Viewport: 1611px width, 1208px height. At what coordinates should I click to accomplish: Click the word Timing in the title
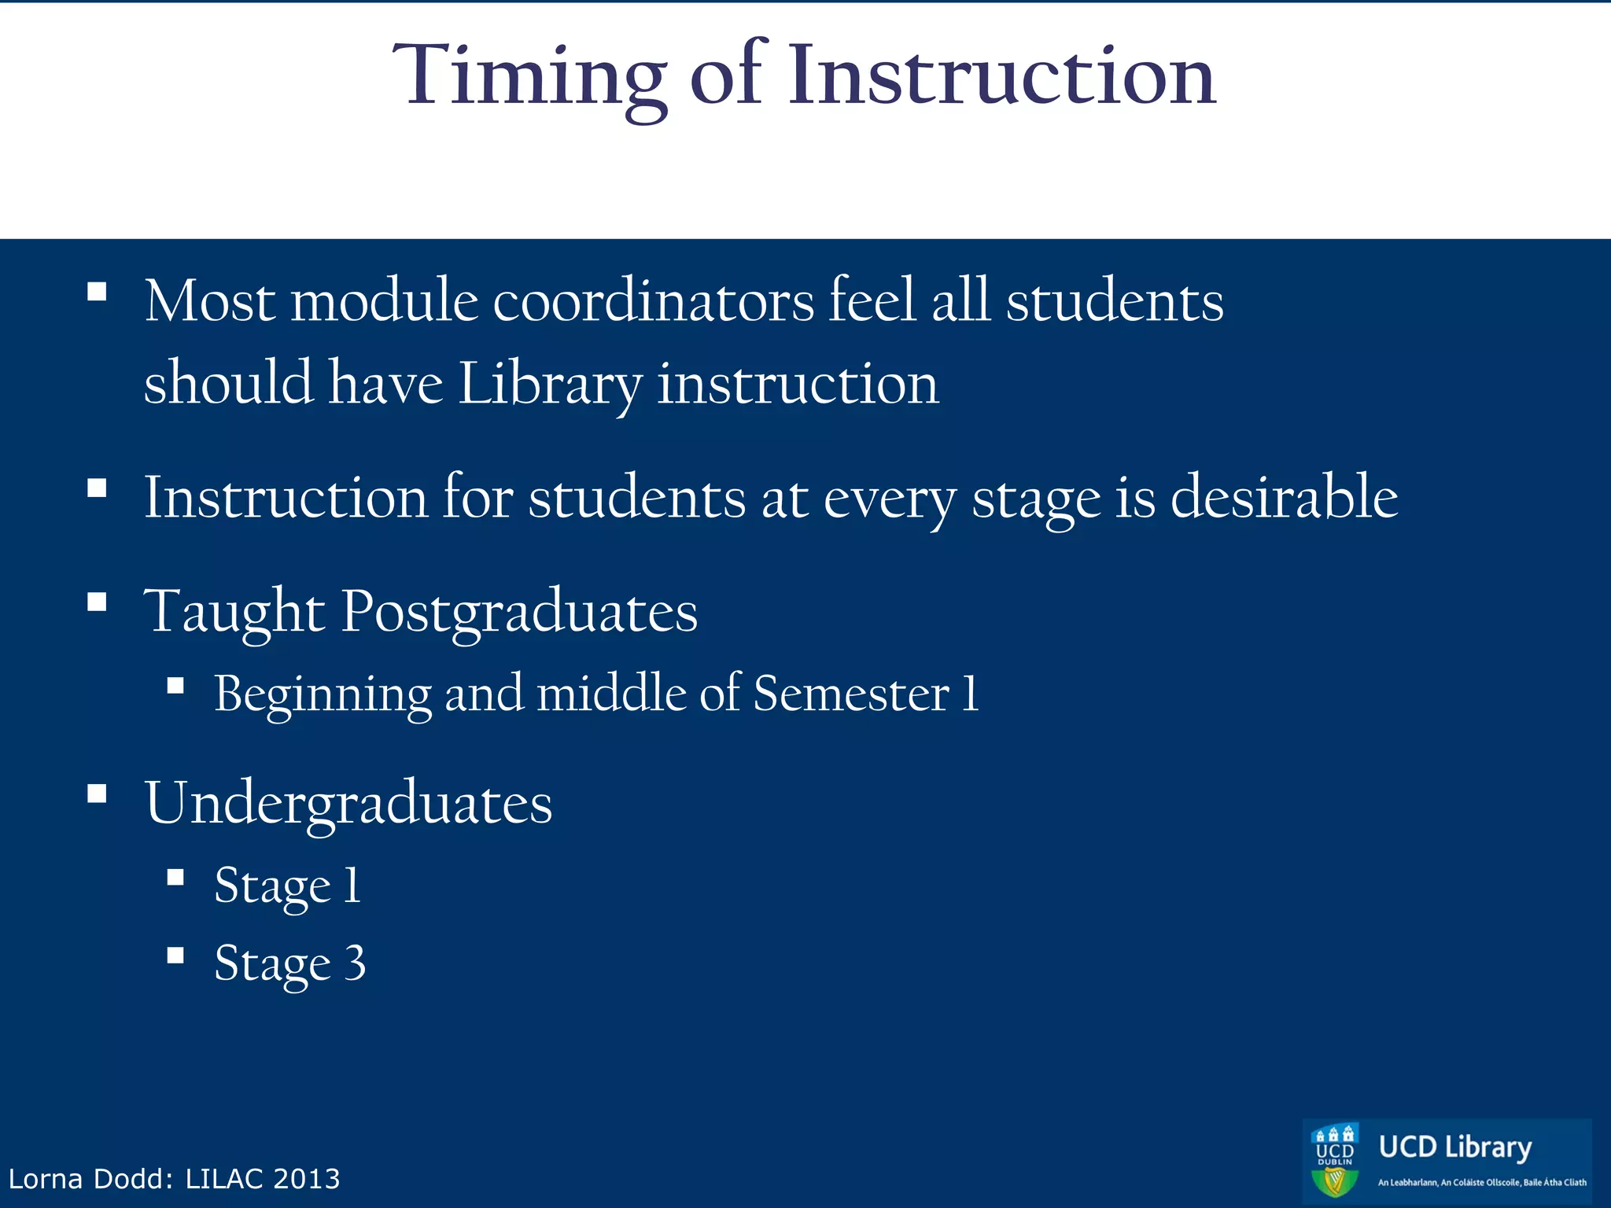point(529,77)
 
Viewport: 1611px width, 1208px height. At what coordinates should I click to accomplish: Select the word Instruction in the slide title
point(1002,75)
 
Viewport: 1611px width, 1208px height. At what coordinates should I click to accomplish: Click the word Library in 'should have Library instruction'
point(549,385)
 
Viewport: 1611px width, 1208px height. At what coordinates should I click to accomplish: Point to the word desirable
point(1284,497)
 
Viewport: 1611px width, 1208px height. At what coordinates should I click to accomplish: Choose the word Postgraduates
point(519,612)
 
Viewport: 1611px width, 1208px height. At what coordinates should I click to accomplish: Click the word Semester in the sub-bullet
point(851,694)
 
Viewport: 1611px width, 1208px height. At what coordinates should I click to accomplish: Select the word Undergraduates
point(348,804)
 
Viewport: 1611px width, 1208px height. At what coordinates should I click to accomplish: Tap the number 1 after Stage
point(352,885)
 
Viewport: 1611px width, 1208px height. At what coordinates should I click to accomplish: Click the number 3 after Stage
point(355,963)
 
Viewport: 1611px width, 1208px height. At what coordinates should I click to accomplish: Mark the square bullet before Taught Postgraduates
point(97,602)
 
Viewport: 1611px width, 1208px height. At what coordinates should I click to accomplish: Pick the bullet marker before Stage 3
point(175,955)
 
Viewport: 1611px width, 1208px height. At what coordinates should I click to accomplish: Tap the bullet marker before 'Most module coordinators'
point(97,292)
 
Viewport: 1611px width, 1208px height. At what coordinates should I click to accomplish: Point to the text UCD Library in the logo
point(1454,1147)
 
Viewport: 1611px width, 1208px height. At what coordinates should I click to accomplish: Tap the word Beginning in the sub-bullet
point(323,694)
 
